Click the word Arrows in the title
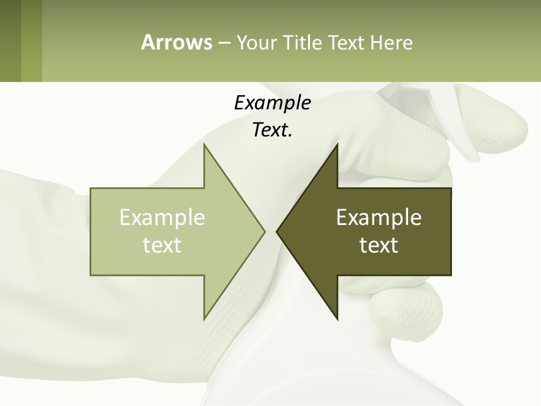[176, 42]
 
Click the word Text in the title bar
[347, 42]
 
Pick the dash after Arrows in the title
[224, 43]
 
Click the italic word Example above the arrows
[272, 103]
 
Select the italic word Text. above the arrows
[272, 130]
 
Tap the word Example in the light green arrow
[162, 218]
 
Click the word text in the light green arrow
[162, 245]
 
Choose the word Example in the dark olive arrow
[379, 218]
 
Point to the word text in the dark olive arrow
[379, 245]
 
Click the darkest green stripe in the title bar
[10, 41]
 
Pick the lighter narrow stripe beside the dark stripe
[32, 41]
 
